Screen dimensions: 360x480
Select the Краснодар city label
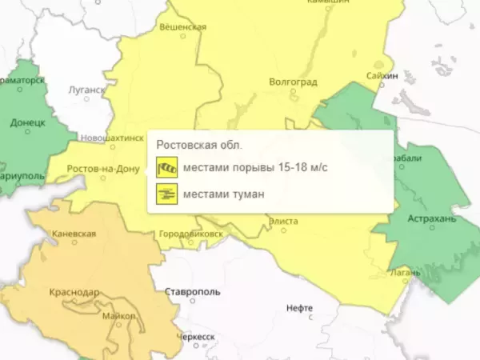74,293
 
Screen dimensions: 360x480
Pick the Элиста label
284,220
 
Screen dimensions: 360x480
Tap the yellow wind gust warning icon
166,168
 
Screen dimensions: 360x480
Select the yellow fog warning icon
166,193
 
